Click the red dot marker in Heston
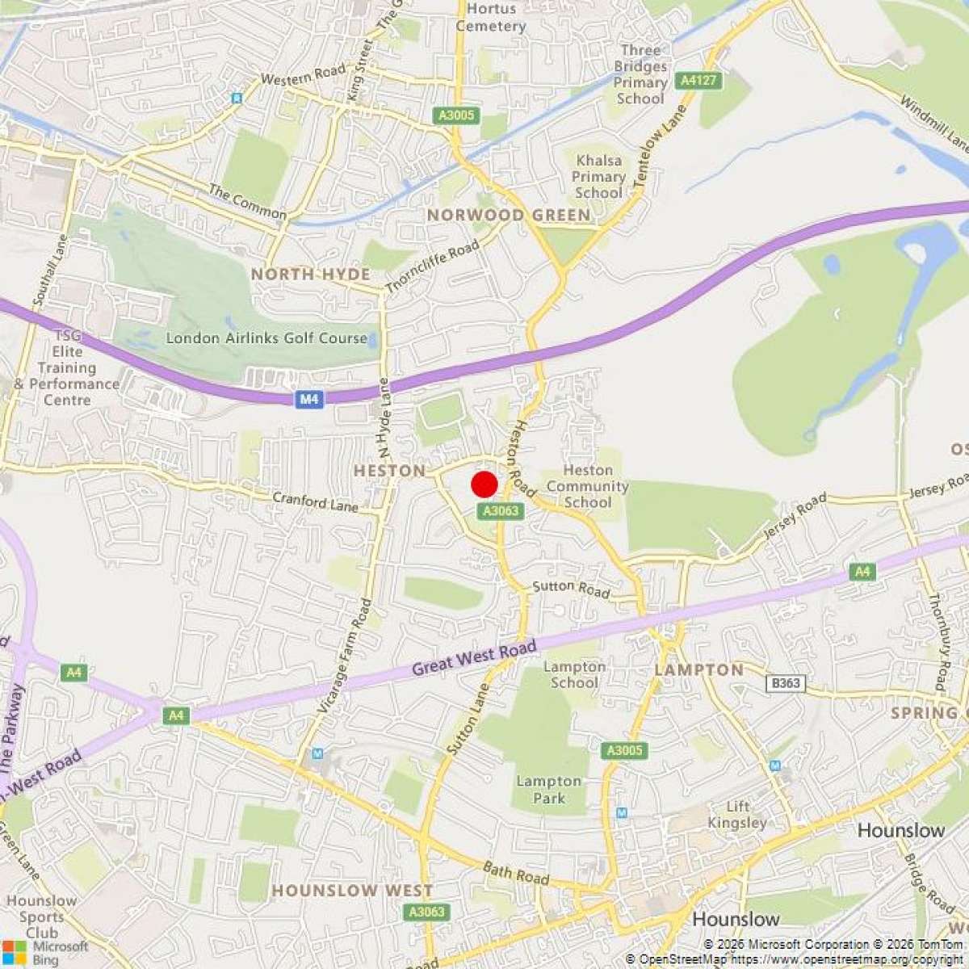484,484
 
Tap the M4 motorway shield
308,399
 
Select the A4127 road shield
699,80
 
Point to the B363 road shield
785,683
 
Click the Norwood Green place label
509,215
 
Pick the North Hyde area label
310,275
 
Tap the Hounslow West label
352,891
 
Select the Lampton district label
698,669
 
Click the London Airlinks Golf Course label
266,338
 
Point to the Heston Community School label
587,486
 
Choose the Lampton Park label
549,790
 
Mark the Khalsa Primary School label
598,177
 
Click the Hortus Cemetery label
490,17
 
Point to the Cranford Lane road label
315,502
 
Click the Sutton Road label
571,589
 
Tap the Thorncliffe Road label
432,266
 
